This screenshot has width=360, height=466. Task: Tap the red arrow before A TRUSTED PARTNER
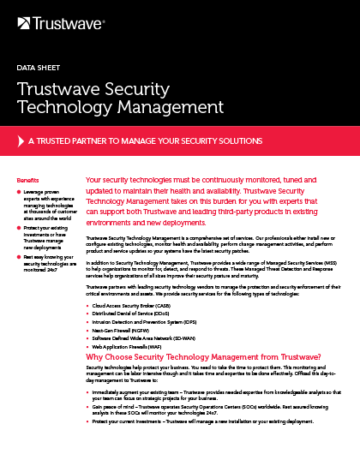[21, 140]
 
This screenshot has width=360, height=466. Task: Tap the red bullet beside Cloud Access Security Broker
[89, 306]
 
